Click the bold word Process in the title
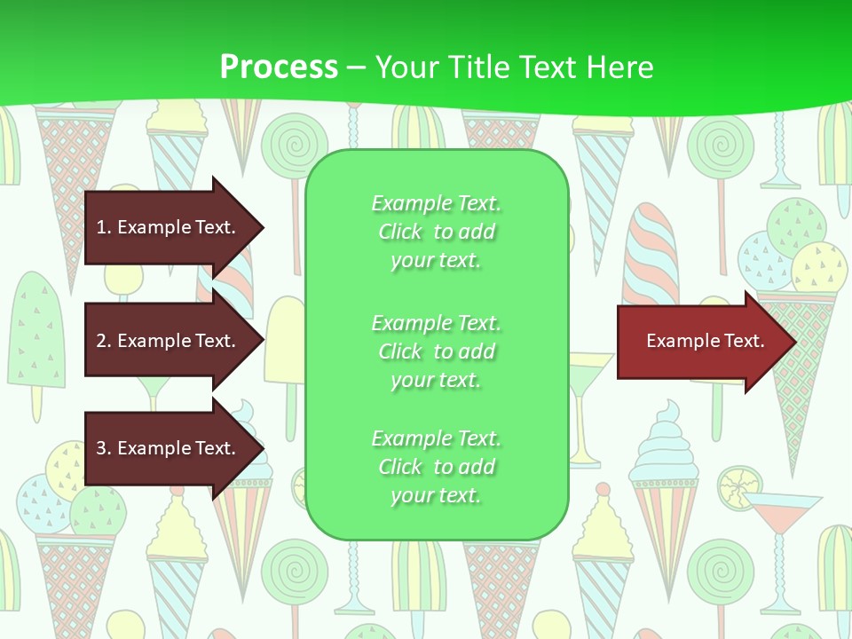(x=279, y=67)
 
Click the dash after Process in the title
(x=356, y=68)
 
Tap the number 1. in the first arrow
(x=104, y=227)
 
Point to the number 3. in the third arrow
(x=104, y=448)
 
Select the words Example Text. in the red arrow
(x=705, y=341)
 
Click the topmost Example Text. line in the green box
(x=436, y=203)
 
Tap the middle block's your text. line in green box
(x=436, y=380)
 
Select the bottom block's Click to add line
(x=436, y=467)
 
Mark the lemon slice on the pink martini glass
(x=738, y=486)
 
